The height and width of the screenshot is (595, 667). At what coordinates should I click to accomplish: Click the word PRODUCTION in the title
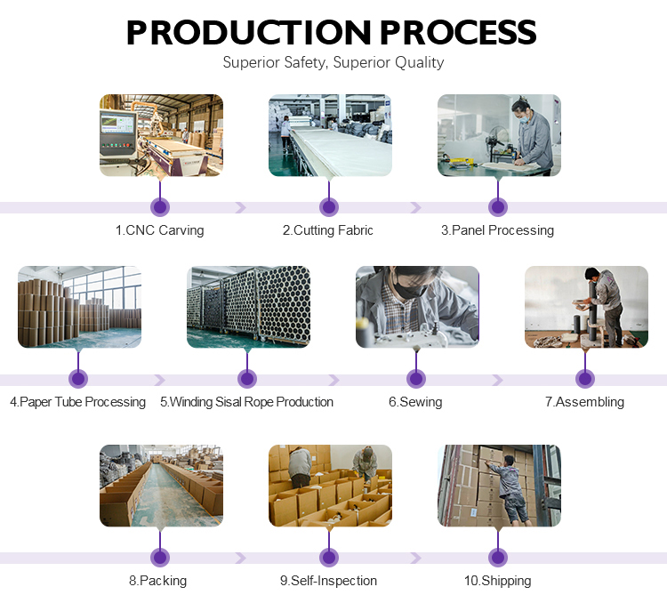point(249,32)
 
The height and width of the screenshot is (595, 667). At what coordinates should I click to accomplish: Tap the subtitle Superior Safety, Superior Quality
point(333,62)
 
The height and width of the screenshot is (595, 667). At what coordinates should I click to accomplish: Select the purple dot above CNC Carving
point(160,207)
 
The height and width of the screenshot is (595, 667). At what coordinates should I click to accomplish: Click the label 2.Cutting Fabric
point(328,230)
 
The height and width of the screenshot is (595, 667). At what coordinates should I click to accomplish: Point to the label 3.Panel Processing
point(498,230)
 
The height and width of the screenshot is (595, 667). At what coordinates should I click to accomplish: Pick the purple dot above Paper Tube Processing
point(78,379)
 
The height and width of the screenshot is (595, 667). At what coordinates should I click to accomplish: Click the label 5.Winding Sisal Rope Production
point(246,402)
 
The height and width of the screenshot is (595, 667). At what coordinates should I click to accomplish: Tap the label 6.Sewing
point(415,402)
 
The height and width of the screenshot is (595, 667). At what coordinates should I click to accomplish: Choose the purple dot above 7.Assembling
point(585,379)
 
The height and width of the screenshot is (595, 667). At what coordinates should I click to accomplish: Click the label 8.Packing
point(157,581)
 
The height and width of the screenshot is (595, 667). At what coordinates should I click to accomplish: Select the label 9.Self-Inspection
point(328,581)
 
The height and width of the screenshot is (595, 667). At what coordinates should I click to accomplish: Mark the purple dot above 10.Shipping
point(498,558)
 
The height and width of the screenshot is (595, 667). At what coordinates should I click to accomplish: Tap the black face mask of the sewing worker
point(407,289)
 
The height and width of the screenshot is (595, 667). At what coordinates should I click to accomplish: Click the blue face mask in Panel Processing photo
point(525,118)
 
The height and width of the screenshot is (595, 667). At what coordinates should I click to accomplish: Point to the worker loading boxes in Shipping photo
point(510,489)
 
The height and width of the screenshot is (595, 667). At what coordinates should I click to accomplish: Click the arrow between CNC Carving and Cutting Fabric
point(241,207)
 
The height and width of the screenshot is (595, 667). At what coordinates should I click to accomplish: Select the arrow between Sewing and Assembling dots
point(497,380)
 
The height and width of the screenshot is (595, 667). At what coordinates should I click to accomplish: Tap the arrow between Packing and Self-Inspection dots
point(241,558)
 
